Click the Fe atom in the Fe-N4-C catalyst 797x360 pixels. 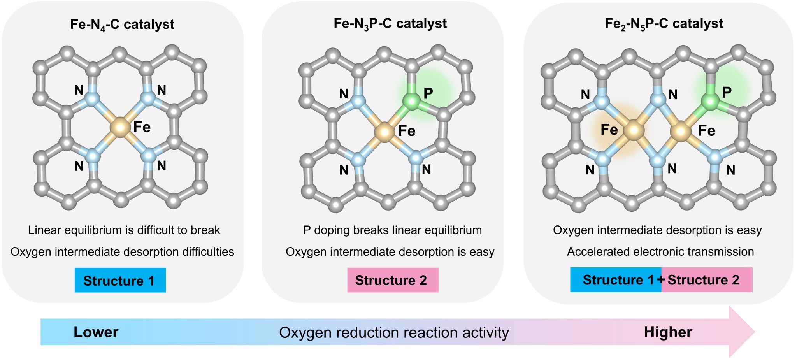120,127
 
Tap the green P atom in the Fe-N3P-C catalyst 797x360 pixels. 411,102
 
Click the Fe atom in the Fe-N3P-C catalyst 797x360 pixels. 384,132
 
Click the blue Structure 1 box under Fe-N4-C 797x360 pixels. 120,280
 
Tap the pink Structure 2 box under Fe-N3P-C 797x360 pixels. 393,280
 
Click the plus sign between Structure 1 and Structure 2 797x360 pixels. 661,279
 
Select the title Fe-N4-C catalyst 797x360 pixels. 122,25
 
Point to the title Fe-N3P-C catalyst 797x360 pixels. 390,24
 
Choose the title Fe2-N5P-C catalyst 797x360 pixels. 664,24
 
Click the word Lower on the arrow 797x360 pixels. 96,332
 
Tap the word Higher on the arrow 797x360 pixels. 668,332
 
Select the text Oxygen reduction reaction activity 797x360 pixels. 394,333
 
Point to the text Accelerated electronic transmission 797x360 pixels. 660,252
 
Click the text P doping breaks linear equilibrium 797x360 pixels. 392,230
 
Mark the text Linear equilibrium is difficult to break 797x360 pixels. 124,230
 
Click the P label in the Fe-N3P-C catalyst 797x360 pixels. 428,93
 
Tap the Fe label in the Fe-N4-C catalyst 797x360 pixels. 142,127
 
